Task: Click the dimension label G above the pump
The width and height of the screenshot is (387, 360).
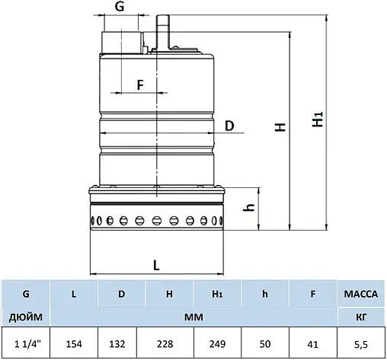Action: [x=120, y=8]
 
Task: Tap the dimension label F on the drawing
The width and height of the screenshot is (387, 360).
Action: [x=140, y=84]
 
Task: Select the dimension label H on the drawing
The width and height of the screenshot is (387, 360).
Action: [x=281, y=129]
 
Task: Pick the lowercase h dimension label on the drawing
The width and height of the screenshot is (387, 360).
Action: [x=248, y=209]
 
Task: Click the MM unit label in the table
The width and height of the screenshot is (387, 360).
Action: [x=193, y=315]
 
